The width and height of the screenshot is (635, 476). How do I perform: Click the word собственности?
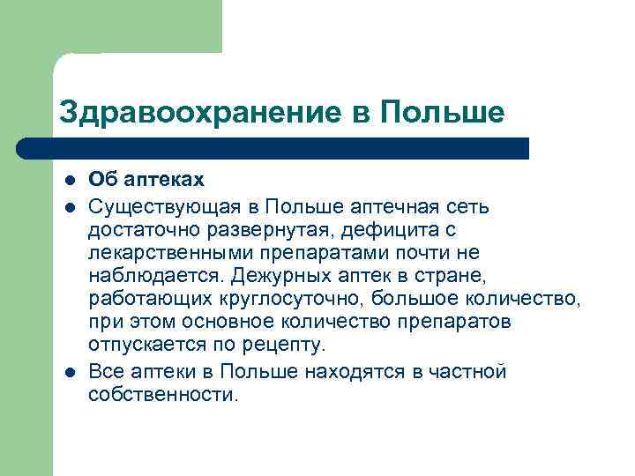(162, 394)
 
